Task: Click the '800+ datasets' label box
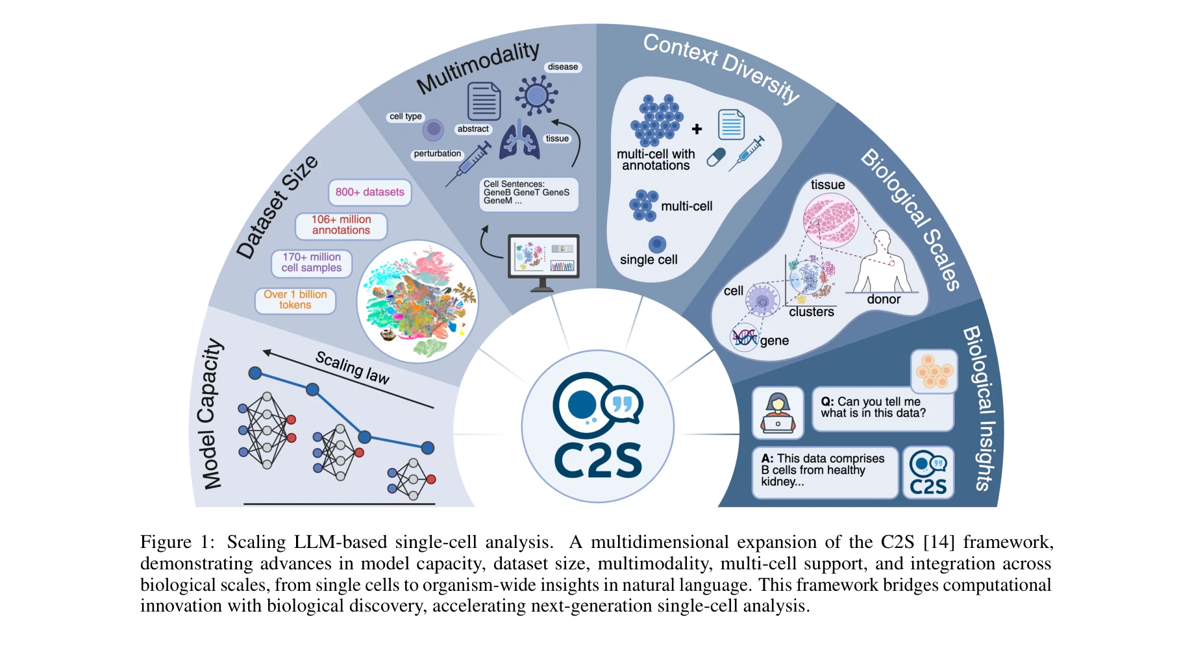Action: point(369,192)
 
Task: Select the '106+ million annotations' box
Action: point(341,225)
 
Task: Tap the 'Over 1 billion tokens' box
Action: point(295,300)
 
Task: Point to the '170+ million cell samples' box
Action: point(312,263)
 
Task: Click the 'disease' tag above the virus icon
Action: point(562,67)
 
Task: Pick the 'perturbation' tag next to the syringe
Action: point(437,154)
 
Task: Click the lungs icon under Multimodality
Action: point(519,139)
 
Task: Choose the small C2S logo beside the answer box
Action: point(928,473)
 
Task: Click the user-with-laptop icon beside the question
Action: point(778,413)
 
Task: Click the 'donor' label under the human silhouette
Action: point(884,299)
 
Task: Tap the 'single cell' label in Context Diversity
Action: point(649,260)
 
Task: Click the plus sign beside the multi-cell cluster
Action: point(697,129)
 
